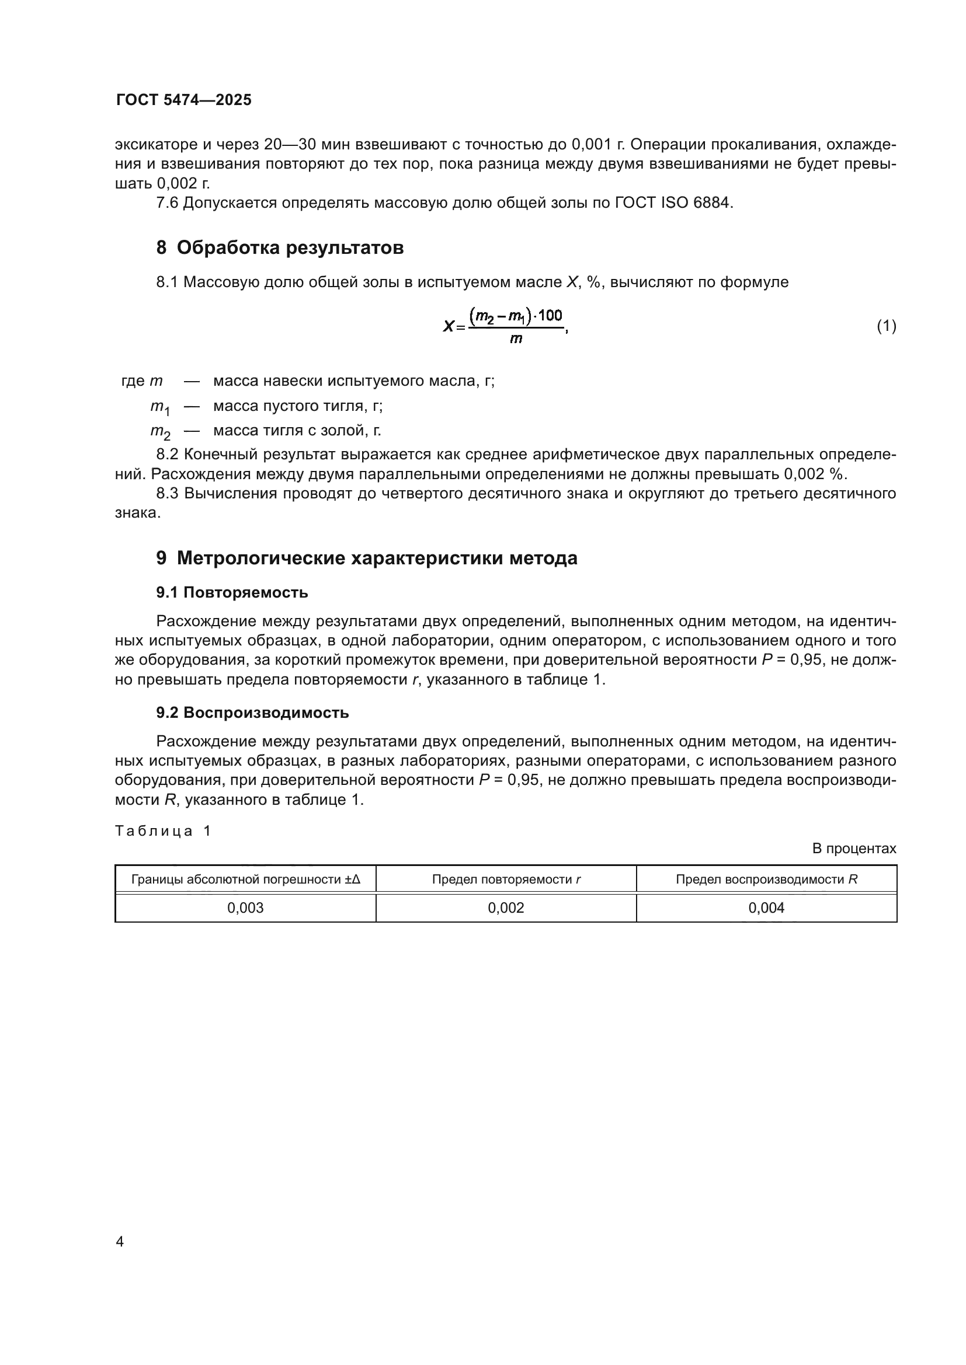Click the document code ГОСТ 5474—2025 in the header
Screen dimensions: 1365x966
click(x=184, y=100)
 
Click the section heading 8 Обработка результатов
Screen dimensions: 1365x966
click(x=280, y=247)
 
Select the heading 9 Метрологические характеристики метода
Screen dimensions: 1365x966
click(x=366, y=558)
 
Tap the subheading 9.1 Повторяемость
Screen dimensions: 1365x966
click(x=232, y=592)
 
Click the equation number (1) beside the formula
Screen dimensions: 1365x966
click(x=887, y=326)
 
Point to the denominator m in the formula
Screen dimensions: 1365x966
click(x=516, y=340)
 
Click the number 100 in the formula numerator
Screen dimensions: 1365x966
click(x=550, y=316)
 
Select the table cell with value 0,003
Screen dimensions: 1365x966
click(x=245, y=908)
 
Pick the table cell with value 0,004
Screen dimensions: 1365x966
click(x=766, y=908)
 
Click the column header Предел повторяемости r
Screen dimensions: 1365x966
click(x=506, y=879)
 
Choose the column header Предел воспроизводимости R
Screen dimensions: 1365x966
click(x=766, y=879)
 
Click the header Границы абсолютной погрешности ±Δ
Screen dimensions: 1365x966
click(x=245, y=879)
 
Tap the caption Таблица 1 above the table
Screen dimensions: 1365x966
click(x=162, y=831)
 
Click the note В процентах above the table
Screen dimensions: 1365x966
click(x=854, y=849)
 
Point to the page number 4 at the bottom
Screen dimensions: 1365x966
click(x=120, y=1242)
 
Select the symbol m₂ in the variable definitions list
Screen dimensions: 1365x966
click(x=159, y=432)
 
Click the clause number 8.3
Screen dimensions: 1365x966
click(x=168, y=494)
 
